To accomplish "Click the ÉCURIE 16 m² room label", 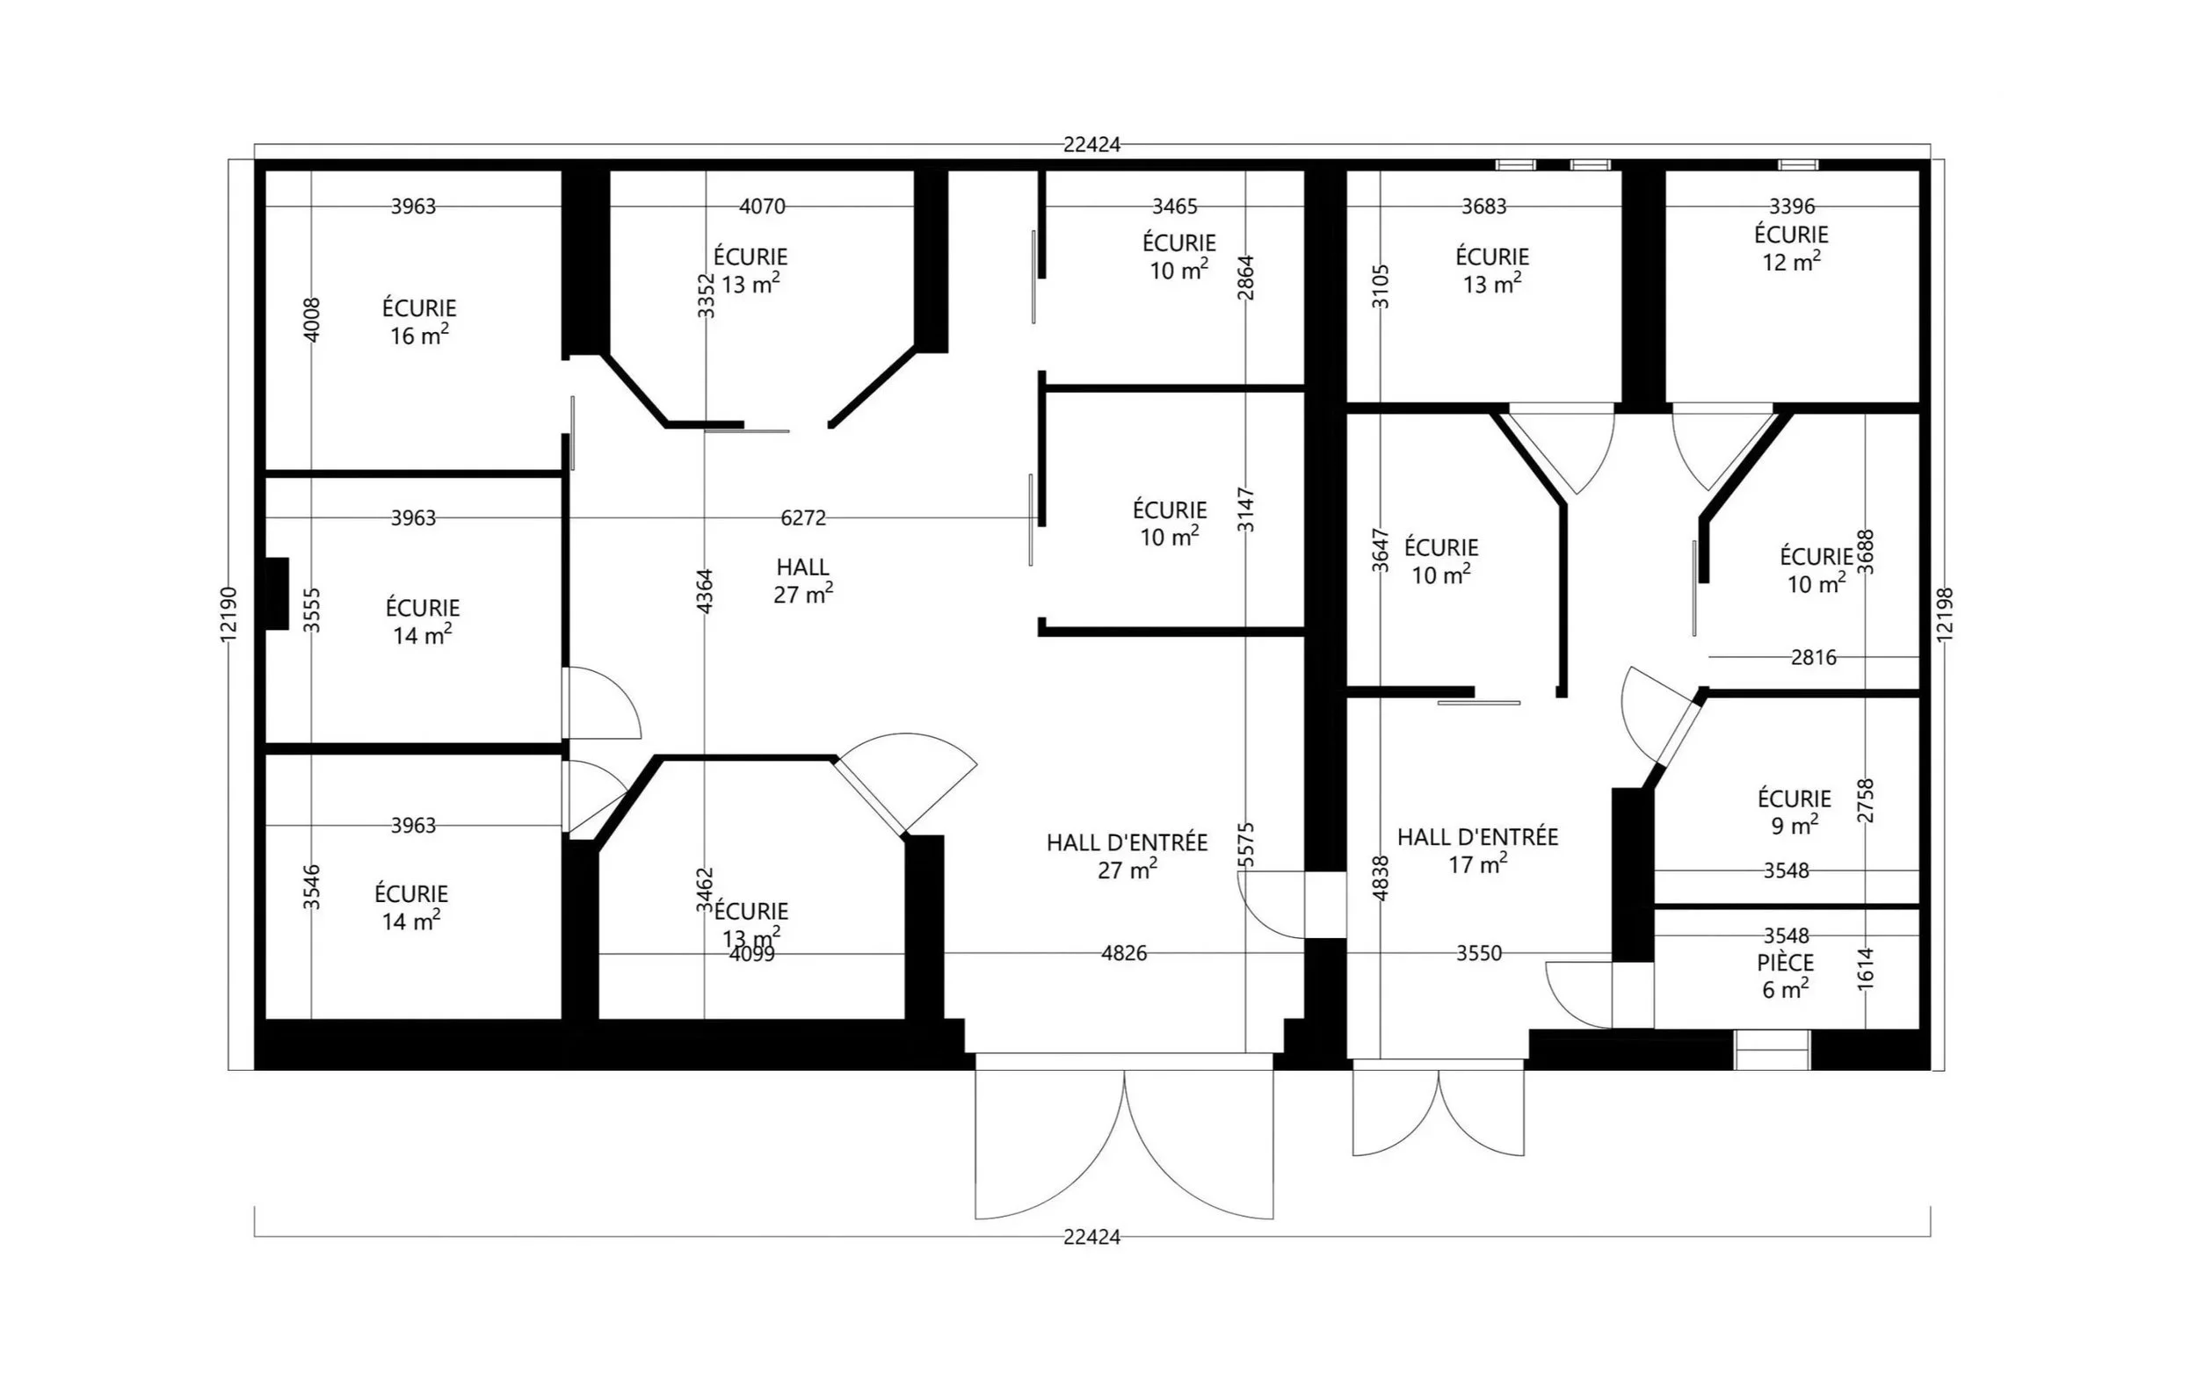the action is coord(418,322).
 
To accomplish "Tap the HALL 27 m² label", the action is coord(803,581).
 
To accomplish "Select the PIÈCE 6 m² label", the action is coord(1785,975).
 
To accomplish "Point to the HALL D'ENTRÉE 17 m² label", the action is coord(1476,850).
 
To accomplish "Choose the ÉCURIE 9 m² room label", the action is coord(1794,811).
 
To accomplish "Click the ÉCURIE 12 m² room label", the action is coord(1791,247).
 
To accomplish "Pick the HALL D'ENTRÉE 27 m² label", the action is coord(1127,856).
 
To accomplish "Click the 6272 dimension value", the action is coord(804,517).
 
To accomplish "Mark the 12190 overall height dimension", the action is coord(228,615).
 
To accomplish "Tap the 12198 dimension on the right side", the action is coord(1945,615).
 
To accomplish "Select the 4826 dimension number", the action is coord(1123,952).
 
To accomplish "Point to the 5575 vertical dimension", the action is coord(1245,844).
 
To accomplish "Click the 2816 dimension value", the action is coord(1813,656).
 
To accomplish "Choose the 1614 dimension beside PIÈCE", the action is coord(1866,968).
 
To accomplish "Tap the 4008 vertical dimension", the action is coord(310,320).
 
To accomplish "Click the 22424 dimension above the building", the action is coord(1091,144).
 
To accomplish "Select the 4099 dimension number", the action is coord(752,954).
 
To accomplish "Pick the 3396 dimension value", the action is coord(1792,206).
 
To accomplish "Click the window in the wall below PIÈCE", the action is coord(1772,1050).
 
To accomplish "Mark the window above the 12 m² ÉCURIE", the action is coord(1797,165).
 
